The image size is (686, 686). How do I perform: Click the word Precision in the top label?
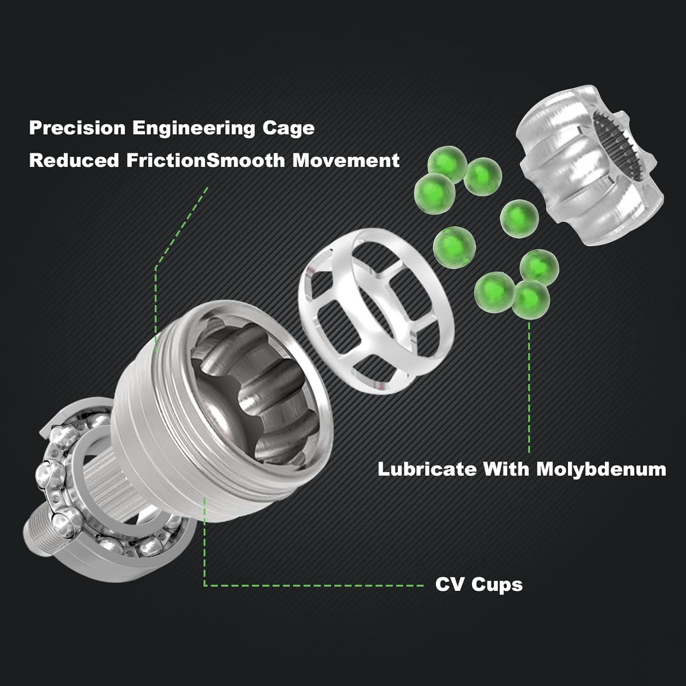(x=77, y=128)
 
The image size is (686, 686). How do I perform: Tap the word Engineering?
(x=194, y=129)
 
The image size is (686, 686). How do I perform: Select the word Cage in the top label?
(x=289, y=129)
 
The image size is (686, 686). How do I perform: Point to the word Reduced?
(x=74, y=161)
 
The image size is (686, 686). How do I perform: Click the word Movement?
(x=346, y=161)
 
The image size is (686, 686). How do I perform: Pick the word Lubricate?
(x=427, y=469)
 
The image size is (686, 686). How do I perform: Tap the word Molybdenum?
(x=601, y=469)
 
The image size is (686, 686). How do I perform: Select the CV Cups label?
(x=479, y=585)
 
